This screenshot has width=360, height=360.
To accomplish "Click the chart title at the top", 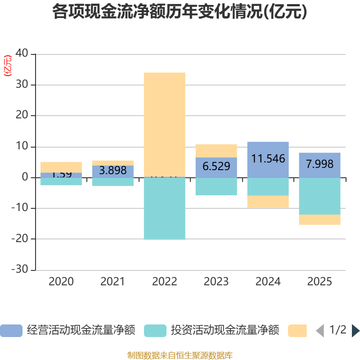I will click(x=180, y=12).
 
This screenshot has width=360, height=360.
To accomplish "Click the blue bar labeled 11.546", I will click(x=268, y=159).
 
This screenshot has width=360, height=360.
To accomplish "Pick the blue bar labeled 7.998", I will click(x=319, y=165).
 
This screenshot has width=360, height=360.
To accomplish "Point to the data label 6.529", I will click(x=216, y=166).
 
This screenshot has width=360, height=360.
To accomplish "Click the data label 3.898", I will click(x=112, y=170).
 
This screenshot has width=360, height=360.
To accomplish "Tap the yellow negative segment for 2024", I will click(x=268, y=202).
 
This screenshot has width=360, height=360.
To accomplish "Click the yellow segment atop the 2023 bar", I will click(x=216, y=150).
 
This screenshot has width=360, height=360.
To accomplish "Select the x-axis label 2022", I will click(x=164, y=282).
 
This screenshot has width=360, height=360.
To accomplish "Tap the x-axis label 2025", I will click(x=319, y=282).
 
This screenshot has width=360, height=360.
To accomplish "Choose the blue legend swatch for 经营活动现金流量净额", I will click(x=11, y=331).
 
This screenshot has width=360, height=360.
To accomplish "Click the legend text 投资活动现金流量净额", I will click(x=225, y=331).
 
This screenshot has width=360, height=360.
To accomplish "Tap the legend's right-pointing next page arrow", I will click(x=355, y=331).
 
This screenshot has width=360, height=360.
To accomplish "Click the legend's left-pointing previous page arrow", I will click(x=319, y=331).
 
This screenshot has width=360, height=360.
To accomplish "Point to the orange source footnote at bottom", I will click(x=180, y=355).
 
